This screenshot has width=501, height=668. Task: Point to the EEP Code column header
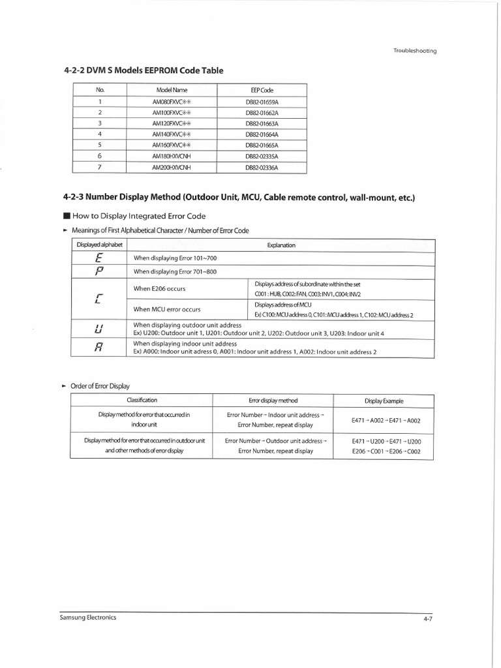[262, 89]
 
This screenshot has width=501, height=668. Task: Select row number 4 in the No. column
[100, 134]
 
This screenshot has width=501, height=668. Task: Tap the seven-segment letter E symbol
[99, 258]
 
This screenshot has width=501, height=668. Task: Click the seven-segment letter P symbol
[99, 271]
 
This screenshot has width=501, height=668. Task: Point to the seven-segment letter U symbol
[99, 328]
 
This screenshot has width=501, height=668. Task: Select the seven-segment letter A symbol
[99, 347]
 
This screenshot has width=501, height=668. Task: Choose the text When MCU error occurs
[167, 309]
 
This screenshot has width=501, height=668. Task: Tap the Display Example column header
[384, 400]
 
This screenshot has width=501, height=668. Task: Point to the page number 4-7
[428, 619]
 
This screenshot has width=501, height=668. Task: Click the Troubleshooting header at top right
[414, 50]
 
